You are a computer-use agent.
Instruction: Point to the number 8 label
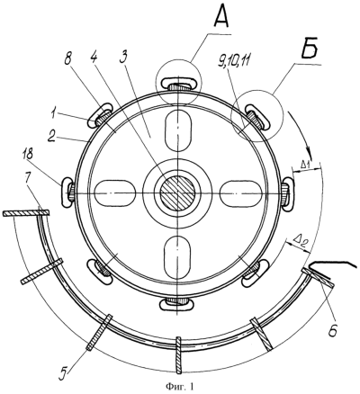67,58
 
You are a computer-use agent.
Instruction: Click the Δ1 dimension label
305,164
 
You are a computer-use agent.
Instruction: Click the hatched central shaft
177,193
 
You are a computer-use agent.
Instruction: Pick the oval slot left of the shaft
115,193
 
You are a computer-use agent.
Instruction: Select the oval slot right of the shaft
239,193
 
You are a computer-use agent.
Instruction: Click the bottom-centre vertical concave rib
179,355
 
